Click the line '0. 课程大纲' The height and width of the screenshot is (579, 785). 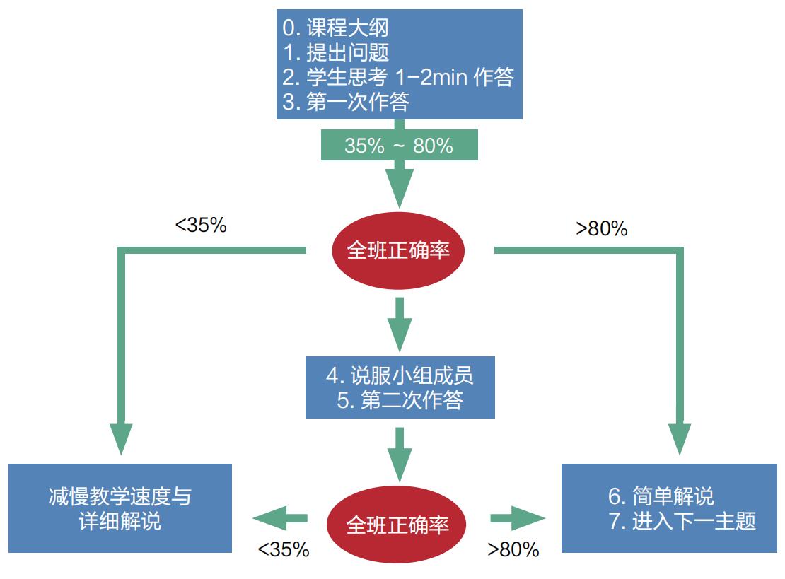[335, 28]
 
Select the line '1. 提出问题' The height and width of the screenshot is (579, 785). [335, 52]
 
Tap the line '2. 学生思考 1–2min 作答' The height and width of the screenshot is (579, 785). [397, 76]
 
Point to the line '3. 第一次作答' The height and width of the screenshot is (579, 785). [346, 101]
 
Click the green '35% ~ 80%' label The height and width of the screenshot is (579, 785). [399, 146]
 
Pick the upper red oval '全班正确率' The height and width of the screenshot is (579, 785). [399, 250]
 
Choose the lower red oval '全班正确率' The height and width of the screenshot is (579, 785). [398, 525]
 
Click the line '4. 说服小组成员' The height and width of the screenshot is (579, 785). [400, 375]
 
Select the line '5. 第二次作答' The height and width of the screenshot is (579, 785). [400, 400]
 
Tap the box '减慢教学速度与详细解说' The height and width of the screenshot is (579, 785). [120, 508]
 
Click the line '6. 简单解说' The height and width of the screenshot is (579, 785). [661, 496]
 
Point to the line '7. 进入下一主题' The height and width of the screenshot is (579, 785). [682, 521]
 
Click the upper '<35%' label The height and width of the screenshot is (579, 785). [201, 226]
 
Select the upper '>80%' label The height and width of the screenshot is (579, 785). [602, 228]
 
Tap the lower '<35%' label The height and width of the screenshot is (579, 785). [283, 550]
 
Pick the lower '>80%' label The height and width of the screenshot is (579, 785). [513, 550]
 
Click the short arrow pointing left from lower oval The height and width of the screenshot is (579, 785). [280, 519]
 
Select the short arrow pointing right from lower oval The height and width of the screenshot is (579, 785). [518, 519]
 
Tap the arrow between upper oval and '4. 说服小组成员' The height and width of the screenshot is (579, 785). [400, 324]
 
